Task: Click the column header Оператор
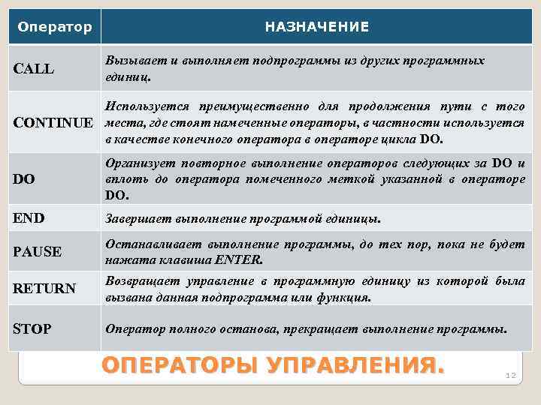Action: click(54, 27)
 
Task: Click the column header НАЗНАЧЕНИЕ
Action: click(316, 27)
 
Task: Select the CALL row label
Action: click(35, 69)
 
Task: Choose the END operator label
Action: click(29, 219)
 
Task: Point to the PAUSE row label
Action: click(38, 251)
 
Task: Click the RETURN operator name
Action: click(44, 288)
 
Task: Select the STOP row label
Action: click(33, 328)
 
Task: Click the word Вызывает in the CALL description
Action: click(132, 60)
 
